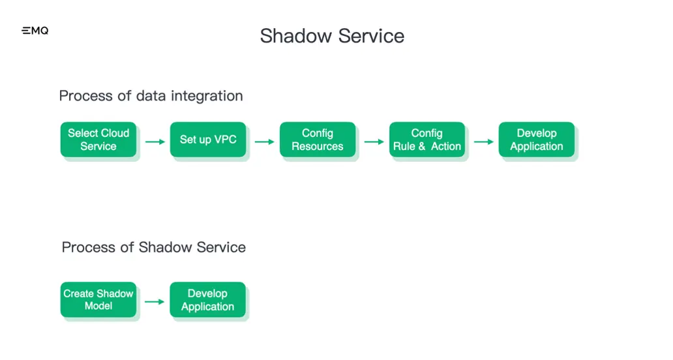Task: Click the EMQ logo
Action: click(35, 31)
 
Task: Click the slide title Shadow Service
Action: click(332, 35)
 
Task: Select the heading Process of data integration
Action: click(151, 96)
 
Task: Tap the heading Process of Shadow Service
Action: click(153, 247)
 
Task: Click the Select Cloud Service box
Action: click(98, 140)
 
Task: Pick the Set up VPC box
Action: click(208, 140)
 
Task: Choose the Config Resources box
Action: click(318, 140)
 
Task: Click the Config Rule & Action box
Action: click(427, 140)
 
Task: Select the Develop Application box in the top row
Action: click(537, 140)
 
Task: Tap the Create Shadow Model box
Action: click(98, 300)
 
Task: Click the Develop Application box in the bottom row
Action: click(208, 300)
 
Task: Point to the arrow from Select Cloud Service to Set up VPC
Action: click(155, 142)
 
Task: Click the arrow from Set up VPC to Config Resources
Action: click(264, 142)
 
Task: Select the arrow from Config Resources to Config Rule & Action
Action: click(374, 142)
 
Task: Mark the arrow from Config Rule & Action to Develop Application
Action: click(483, 142)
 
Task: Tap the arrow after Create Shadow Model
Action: click(155, 302)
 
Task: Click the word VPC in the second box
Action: click(224, 140)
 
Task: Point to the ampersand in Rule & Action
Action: click(423, 147)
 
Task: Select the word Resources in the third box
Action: click(318, 147)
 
